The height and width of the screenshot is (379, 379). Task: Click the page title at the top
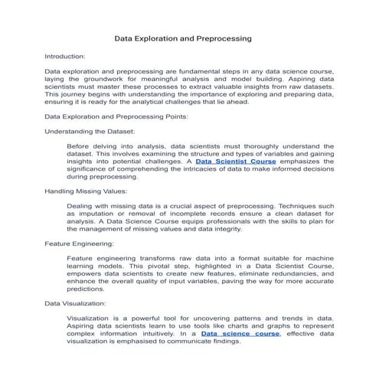click(x=183, y=38)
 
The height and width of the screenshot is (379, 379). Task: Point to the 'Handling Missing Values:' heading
click(x=86, y=191)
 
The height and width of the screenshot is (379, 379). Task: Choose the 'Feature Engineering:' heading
click(x=80, y=243)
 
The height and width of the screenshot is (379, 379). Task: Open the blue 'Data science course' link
click(x=240, y=334)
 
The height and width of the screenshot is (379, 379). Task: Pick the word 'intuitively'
click(x=150, y=334)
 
